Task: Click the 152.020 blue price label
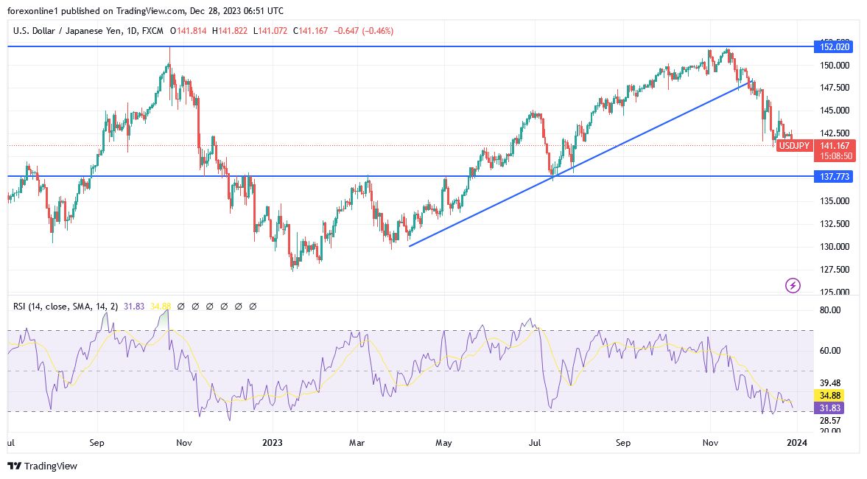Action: click(835, 46)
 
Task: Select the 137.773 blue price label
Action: click(835, 177)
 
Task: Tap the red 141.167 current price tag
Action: click(836, 146)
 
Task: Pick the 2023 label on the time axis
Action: click(273, 444)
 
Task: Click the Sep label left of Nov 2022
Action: click(97, 444)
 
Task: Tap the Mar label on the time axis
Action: click(357, 444)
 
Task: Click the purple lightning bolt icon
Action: click(793, 285)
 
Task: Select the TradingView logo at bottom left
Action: click(42, 466)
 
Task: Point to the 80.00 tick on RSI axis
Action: click(830, 310)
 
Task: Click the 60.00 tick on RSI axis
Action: click(830, 351)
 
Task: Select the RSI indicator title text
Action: click(65, 306)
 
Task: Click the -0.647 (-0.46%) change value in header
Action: click(364, 31)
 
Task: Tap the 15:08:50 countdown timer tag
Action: click(836, 156)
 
